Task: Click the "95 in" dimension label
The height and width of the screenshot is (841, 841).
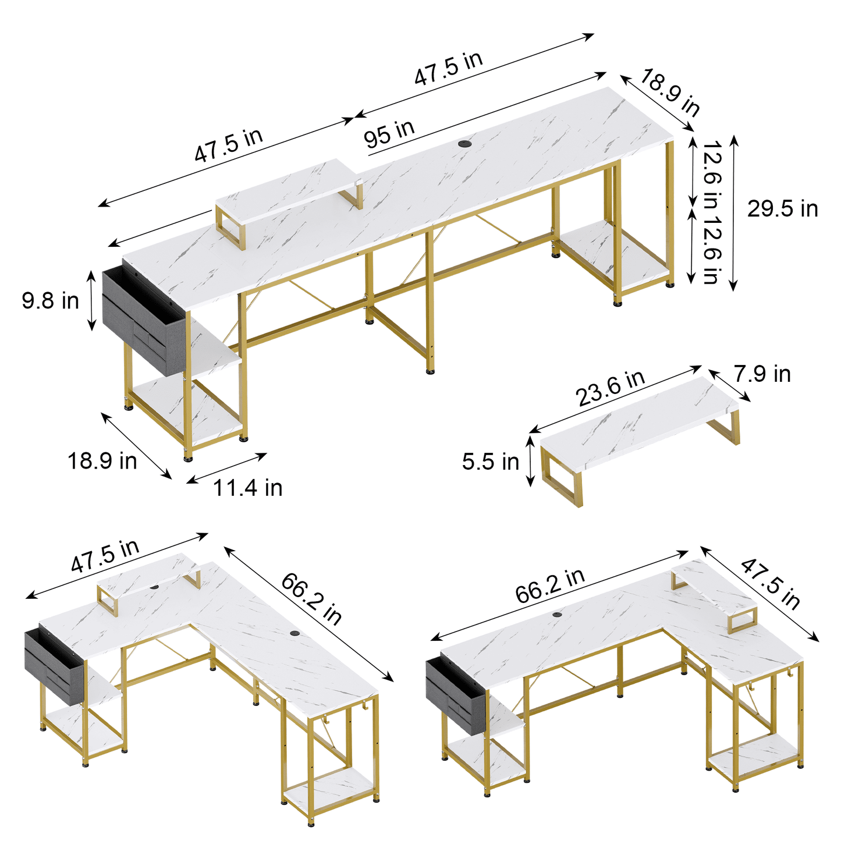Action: [x=389, y=134]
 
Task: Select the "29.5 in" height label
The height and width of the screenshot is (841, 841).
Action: [x=783, y=208]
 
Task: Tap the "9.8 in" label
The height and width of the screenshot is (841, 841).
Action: [x=51, y=301]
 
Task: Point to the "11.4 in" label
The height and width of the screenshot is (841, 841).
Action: [x=247, y=488]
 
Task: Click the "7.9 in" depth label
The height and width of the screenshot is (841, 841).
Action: [x=762, y=374]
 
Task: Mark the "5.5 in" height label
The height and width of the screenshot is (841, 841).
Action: [x=490, y=462]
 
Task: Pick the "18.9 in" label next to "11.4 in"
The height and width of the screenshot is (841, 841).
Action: [x=102, y=461]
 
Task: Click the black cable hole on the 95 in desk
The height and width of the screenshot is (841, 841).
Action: [x=464, y=143]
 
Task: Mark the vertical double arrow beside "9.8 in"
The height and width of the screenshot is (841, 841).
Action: [x=91, y=300]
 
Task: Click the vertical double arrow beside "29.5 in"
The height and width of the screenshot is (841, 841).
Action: [x=734, y=212]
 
